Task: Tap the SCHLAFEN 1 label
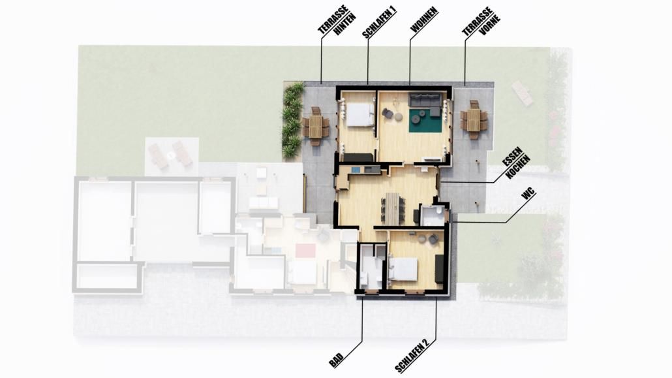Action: click(x=379, y=23)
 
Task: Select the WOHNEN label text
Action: click(x=424, y=20)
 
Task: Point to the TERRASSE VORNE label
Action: click(x=481, y=22)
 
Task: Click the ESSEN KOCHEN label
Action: click(x=516, y=163)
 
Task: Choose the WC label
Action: click(x=529, y=195)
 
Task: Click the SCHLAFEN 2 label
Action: click(x=412, y=356)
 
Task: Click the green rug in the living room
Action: click(x=425, y=121)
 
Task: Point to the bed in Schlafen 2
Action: click(x=404, y=269)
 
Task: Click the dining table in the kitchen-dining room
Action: click(x=392, y=208)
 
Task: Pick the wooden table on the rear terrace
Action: click(x=315, y=126)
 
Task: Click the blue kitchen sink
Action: click(x=356, y=170)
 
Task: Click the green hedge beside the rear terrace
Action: click(x=292, y=121)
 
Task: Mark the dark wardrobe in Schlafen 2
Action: click(x=439, y=269)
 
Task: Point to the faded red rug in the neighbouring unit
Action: click(x=305, y=251)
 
